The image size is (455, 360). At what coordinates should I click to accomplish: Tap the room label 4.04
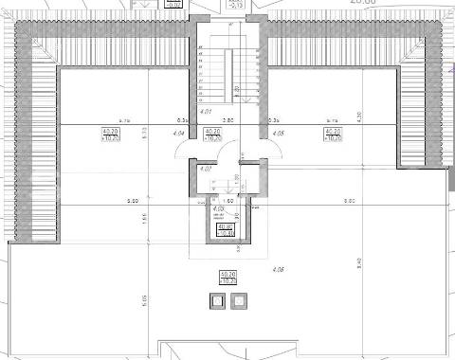tap(180, 134)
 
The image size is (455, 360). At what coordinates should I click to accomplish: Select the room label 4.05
tap(278, 134)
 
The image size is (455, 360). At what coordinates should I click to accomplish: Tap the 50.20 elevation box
tap(227, 278)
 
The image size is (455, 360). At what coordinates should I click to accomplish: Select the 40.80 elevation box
tap(225, 228)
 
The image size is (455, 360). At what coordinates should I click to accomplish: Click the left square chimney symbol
tap(217, 302)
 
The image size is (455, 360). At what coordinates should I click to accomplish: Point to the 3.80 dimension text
tap(227, 121)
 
